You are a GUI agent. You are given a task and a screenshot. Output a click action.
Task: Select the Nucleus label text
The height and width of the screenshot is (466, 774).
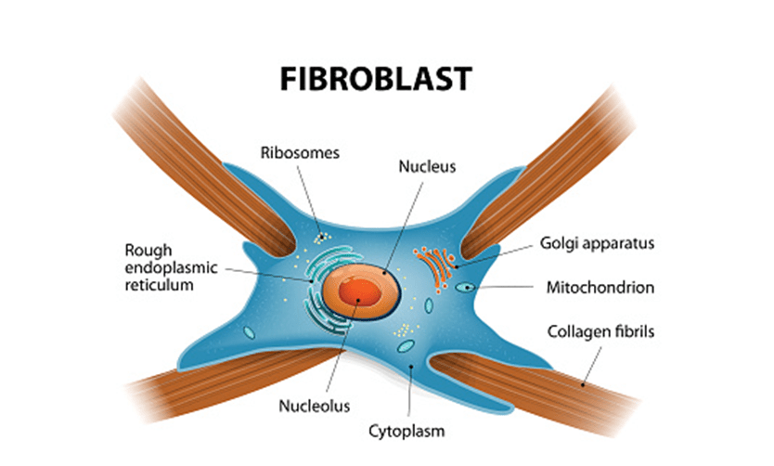click(423, 168)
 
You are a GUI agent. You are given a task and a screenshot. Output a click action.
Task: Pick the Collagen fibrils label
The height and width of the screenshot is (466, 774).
click(601, 331)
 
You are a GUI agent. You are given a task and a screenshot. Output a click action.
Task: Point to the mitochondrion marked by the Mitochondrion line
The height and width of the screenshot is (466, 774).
click(463, 288)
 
